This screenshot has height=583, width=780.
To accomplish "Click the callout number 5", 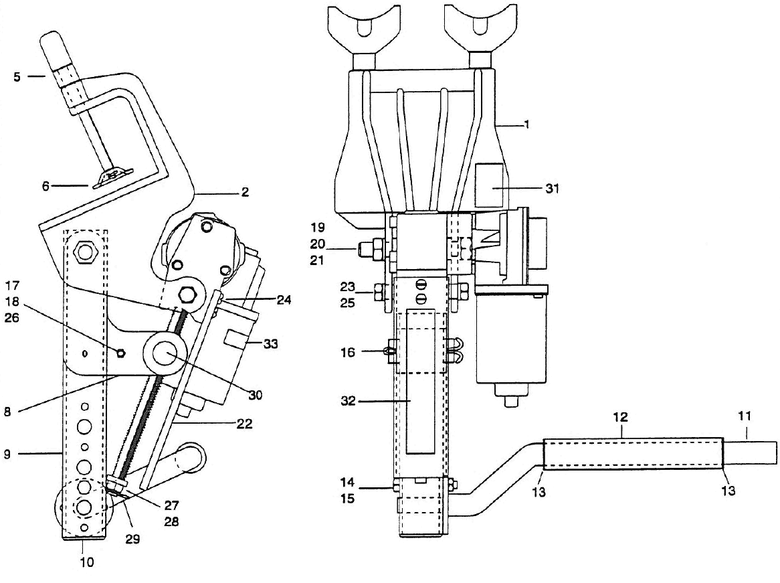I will [15, 76].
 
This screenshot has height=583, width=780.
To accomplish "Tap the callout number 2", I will [245, 192].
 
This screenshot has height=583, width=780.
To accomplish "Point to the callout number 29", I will [132, 539].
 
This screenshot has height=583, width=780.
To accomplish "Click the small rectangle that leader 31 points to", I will [492, 187].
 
